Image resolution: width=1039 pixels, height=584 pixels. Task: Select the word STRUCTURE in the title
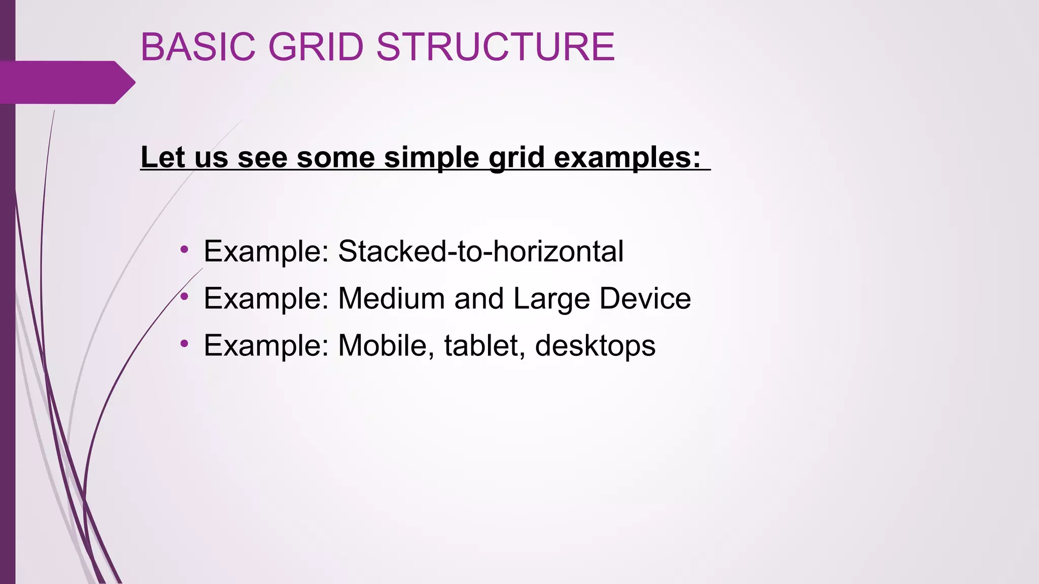495,47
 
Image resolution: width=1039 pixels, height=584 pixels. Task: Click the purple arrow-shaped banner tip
124,82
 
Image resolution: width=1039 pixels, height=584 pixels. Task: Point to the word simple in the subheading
431,157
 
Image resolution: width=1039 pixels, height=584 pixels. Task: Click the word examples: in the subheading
627,157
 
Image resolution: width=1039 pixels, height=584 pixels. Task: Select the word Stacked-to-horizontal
480,251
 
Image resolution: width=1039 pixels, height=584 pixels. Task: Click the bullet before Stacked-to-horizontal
185,249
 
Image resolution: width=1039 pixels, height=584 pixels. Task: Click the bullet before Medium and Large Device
185,296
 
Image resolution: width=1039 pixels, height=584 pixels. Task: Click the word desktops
595,346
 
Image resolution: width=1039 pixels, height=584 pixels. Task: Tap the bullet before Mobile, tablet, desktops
185,344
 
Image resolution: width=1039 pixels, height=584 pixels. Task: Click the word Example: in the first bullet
267,251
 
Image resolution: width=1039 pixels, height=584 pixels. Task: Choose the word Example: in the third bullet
267,346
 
